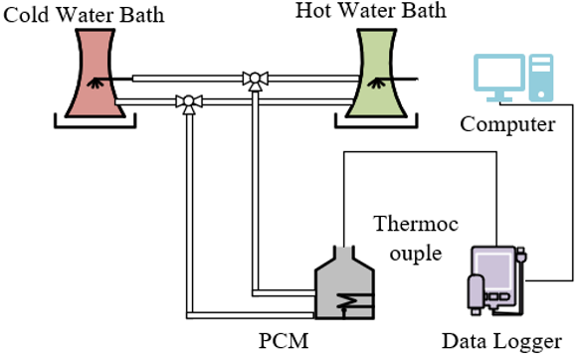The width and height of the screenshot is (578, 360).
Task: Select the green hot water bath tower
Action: tap(376, 74)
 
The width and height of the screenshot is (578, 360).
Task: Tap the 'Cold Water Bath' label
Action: tap(84, 15)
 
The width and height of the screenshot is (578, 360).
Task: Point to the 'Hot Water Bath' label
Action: tap(371, 10)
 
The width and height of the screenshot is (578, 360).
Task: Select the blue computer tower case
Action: tap(541, 78)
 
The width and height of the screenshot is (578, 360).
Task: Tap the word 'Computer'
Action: tap(507, 124)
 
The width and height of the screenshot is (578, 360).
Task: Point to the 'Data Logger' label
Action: tap(501, 342)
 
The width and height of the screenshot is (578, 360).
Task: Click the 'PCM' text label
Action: tap(284, 341)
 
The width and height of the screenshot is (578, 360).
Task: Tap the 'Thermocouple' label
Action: tap(416, 239)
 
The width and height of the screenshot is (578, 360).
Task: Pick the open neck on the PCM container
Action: tap(344, 253)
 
